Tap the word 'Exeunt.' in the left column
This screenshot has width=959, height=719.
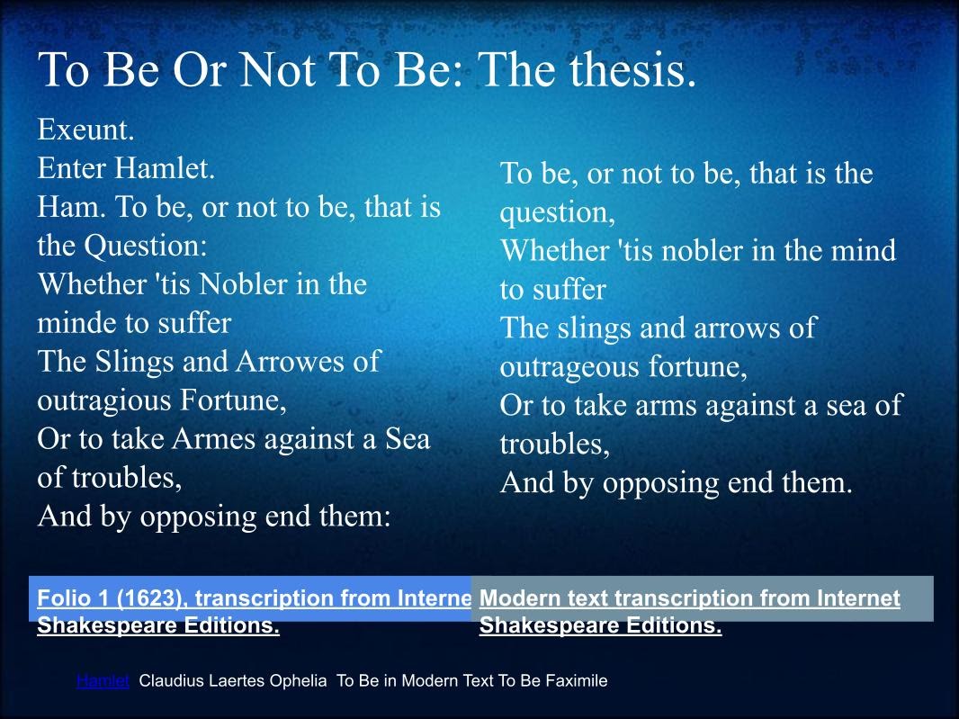(x=85, y=130)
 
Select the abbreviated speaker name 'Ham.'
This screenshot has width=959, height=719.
(x=72, y=208)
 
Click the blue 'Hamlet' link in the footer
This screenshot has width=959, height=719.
(x=103, y=681)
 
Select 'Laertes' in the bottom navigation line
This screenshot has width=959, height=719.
(x=238, y=681)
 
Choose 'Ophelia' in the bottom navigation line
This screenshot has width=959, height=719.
(x=300, y=681)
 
